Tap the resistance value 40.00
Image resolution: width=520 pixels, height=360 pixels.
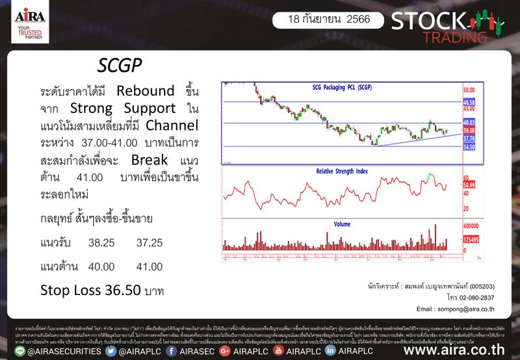(x=100, y=266)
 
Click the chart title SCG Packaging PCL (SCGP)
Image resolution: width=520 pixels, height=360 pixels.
(x=343, y=87)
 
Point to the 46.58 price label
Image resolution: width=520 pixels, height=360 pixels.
(x=469, y=103)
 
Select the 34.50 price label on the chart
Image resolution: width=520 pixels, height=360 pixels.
(x=469, y=148)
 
